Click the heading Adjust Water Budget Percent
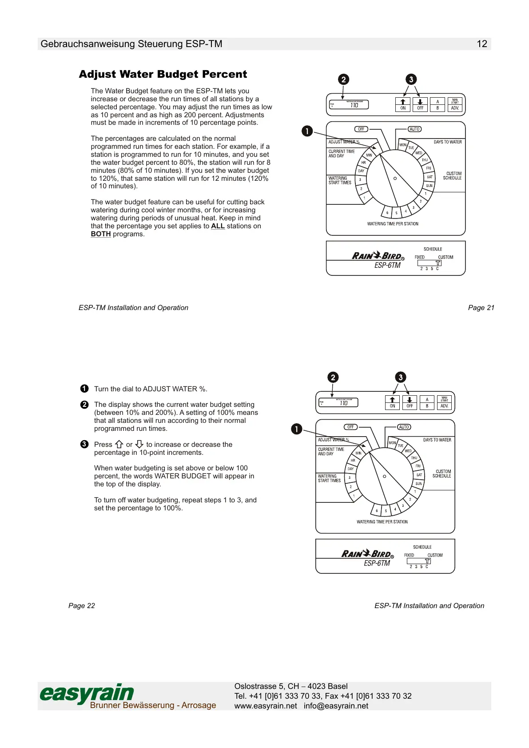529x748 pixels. pyautogui.click(x=163, y=74)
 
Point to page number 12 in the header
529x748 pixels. pyautogui.click(x=481, y=44)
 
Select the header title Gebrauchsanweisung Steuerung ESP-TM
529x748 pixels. pyautogui.click(x=131, y=44)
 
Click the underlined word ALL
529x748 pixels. pyautogui.click(x=218, y=226)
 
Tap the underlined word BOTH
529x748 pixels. pyautogui.click(x=100, y=234)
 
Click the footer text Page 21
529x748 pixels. pyautogui.click(x=481, y=308)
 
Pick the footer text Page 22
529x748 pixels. pyautogui.click(x=82, y=606)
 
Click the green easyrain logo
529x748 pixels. pyautogui.click(x=87, y=693)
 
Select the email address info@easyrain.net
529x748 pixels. pyautogui.click(x=336, y=706)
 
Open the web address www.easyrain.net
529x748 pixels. pyautogui.click(x=266, y=706)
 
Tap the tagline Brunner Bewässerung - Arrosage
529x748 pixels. pyautogui.click(x=153, y=705)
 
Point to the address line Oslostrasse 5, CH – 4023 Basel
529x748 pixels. pyautogui.click(x=291, y=686)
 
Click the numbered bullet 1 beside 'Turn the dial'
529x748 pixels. pyautogui.click(x=84, y=389)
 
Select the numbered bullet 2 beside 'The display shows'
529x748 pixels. pyautogui.click(x=84, y=405)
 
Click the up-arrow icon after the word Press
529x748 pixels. pyautogui.click(x=119, y=444)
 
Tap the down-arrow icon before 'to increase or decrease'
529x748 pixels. pyautogui.click(x=139, y=444)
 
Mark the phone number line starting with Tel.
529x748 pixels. pyautogui.click(x=323, y=696)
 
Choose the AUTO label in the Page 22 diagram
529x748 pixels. pyautogui.click(x=404, y=427)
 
